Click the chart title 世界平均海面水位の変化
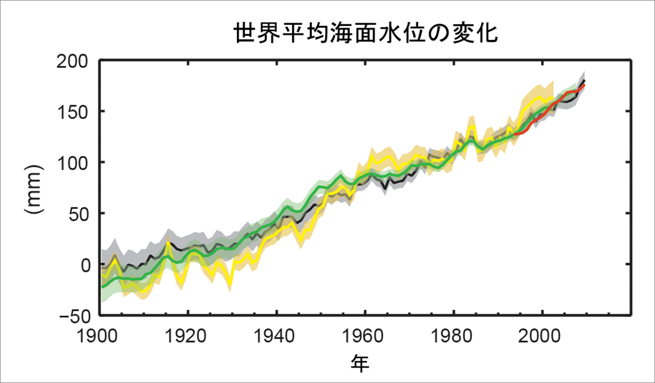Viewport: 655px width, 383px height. (x=365, y=33)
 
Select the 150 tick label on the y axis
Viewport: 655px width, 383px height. (x=73, y=111)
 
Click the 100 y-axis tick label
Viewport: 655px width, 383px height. (x=73, y=162)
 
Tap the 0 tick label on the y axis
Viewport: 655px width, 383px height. (x=85, y=264)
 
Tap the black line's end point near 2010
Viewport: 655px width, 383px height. (x=584, y=81)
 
